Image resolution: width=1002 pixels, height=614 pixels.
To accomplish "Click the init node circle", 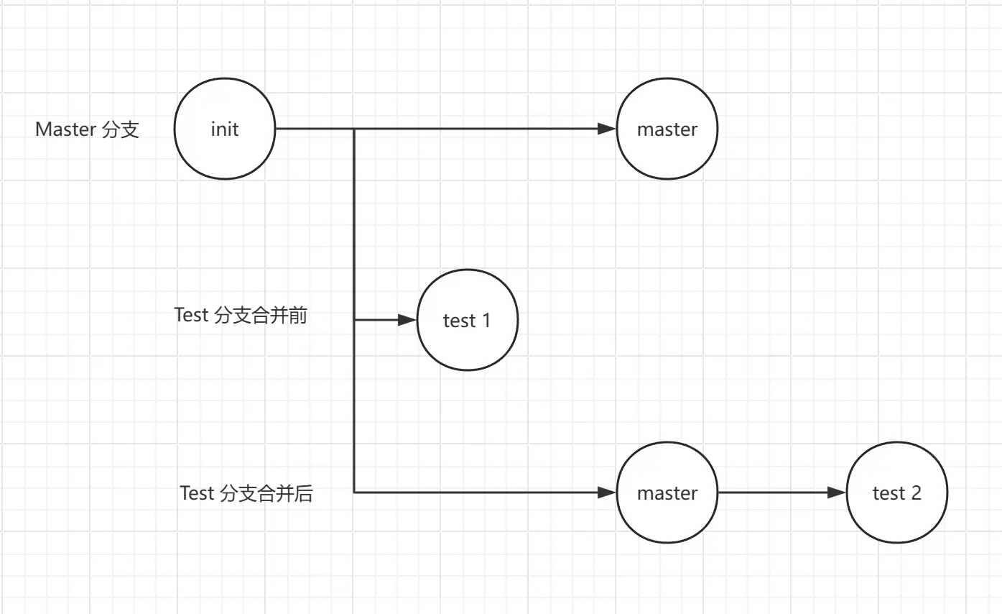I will tap(225, 129).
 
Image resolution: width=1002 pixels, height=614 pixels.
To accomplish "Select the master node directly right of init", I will tap(667, 129).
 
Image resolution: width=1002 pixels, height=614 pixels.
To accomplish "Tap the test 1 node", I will tap(467, 320).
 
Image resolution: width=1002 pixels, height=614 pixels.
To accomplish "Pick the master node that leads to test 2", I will tap(667, 493).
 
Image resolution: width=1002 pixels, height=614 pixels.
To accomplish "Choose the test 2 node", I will tap(896, 493).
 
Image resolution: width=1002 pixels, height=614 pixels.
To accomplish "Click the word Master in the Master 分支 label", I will tap(65, 129).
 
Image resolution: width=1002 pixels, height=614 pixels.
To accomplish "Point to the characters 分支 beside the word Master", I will tap(121, 129).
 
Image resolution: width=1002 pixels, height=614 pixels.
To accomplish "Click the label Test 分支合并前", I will tap(241, 316).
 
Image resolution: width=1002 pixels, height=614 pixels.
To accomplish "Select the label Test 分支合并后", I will tap(246, 493).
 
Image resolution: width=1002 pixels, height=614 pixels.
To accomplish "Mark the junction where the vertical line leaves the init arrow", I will tap(354, 129).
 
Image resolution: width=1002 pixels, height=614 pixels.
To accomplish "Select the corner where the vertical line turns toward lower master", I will tap(354, 493).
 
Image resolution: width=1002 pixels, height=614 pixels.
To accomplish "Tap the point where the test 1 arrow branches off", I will tap(354, 320).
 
